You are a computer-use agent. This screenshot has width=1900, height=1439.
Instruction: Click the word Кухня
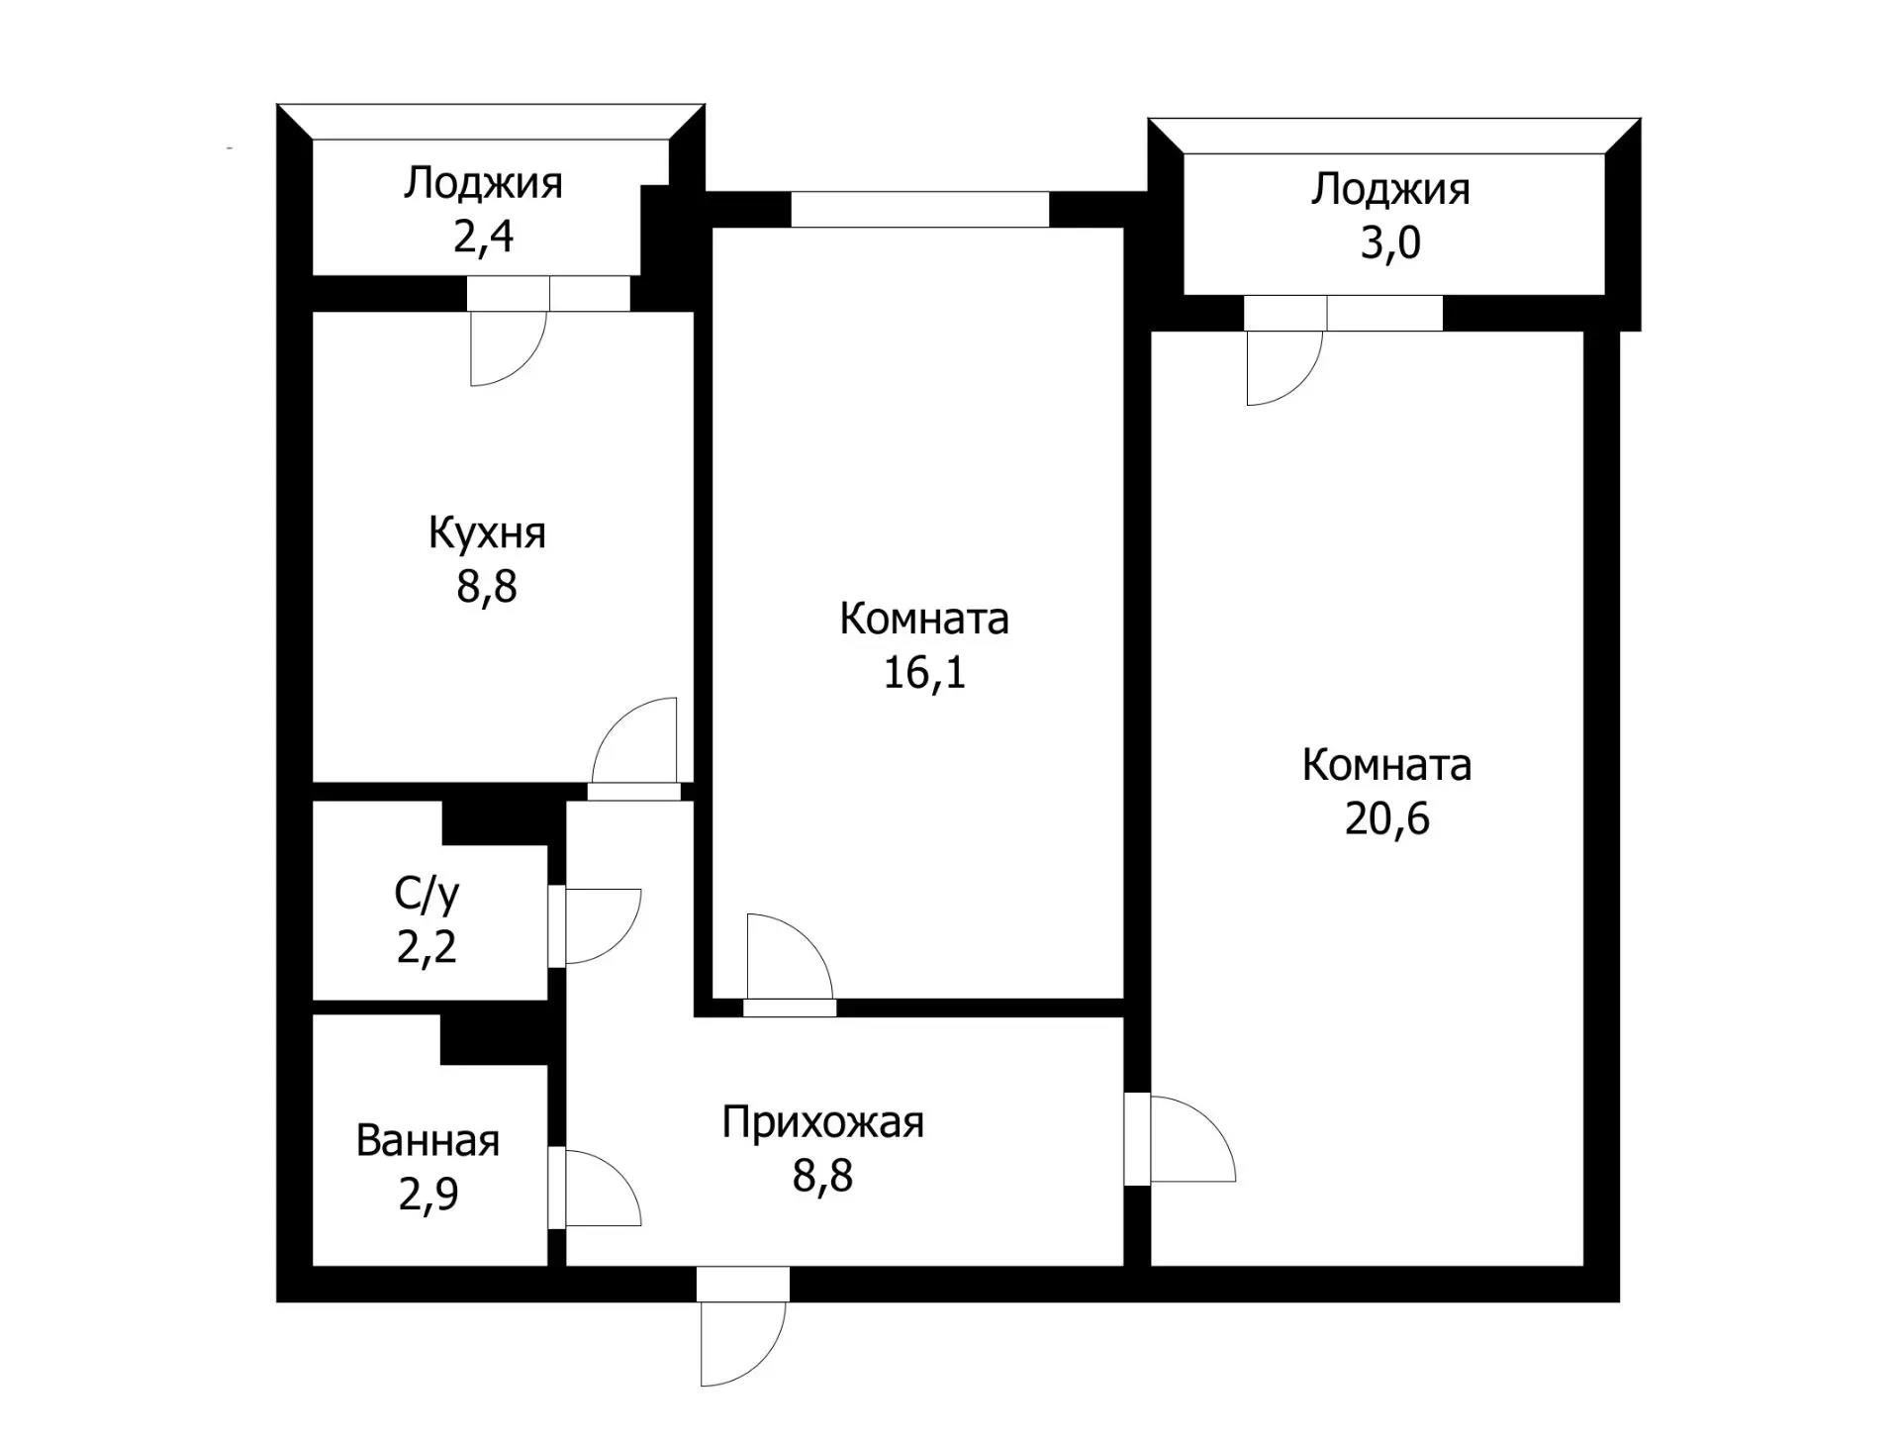coord(487,533)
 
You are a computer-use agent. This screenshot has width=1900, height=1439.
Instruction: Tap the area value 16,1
coord(923,674)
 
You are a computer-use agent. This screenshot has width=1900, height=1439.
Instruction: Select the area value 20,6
coord(1386,820)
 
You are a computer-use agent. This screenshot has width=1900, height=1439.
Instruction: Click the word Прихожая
coord(822,1122)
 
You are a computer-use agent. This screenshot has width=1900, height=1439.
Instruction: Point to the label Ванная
coord(427,1141)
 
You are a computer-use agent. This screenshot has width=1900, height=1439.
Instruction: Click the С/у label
coord(427,894)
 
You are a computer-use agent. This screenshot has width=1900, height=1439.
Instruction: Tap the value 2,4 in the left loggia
coord(483,238)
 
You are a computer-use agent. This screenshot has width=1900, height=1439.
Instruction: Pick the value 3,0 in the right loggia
coord(1389,243)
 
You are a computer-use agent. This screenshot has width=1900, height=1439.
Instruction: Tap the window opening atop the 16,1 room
coord(919,209)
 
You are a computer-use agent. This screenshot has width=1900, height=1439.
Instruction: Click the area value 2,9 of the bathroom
coord(427,1196)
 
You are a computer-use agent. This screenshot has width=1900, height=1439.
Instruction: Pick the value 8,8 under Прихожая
coord(822,1177)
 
